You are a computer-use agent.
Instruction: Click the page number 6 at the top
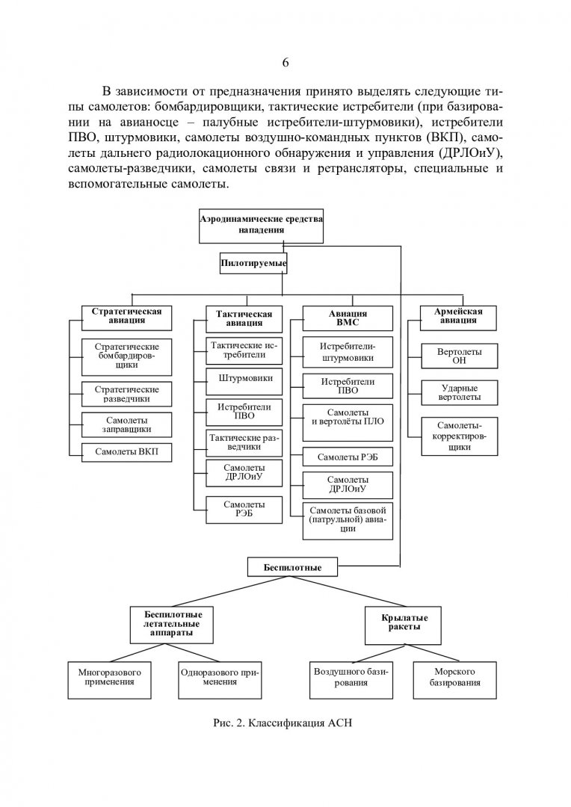tap(285, 63)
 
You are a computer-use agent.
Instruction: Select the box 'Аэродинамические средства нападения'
tap(261, 226)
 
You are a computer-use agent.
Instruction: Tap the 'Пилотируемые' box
tap(253, 264)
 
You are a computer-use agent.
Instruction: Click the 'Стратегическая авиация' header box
tap(126, 318)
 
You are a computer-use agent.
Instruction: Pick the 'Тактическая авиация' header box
tap(244, 319)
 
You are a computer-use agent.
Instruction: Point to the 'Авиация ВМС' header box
tap(348, 318)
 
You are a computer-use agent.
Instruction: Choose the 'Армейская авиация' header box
tap(458, 318)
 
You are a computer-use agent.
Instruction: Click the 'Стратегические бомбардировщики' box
tap(126, 356)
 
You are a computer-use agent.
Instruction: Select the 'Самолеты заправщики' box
tap(126, 425)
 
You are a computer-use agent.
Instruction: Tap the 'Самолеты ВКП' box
tap(126, 452)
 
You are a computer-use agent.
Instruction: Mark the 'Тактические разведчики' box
tap(244, 442)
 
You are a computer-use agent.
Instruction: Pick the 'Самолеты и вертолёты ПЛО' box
tap(348, 422)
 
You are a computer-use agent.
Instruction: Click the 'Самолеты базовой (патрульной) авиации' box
tap(348, 521)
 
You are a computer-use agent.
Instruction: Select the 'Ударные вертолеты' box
tap(460, 393)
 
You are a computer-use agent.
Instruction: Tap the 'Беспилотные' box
tap(292, 567)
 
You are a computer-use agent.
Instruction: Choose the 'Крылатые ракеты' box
tap(403, 625)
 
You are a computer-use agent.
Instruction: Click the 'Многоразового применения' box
tap(109, 680)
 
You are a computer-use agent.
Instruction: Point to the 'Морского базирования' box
tap(454, 680)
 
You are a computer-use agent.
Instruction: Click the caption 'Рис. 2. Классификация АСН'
tap(283, 723)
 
